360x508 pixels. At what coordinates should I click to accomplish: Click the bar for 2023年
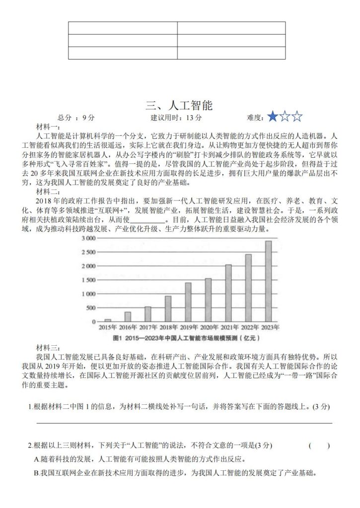click(x=268, y=281)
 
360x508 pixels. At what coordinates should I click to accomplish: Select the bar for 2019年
click(x=188, y=302)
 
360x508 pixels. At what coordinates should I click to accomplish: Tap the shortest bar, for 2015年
click(x=108, y=320)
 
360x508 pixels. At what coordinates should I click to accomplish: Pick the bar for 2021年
click(x=228, y=293)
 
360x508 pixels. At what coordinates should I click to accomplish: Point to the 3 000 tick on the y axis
click(x=88, y=238)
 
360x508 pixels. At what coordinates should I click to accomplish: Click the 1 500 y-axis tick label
click(x=88, y=280)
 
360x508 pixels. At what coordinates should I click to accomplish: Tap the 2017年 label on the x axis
click(x=148, y=327)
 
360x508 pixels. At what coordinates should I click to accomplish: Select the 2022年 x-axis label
click(x=248, y=327)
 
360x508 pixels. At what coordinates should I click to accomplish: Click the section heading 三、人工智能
click(x=179, y=105)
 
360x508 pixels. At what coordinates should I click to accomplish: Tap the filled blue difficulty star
click(x=272, y=118)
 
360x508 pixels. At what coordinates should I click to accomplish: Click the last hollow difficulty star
click(x=297, y=118)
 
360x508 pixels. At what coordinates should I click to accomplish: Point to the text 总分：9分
click(x=76, y=118)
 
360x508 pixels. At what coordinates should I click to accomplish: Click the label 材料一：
click(x=48, y=127)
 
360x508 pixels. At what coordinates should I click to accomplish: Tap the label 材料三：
click(x=48, y=347)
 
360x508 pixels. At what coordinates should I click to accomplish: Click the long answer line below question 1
click(x=184, y=423)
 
